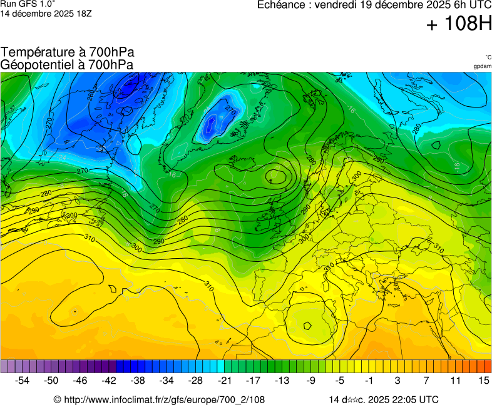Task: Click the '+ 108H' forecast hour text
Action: (x=459, y=24)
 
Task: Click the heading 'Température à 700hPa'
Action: (x=68, y=52)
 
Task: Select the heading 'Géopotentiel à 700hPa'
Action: (x=67, y=64)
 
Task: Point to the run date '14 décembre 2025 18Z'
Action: (x=46, y=13)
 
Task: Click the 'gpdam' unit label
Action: (x=482, y=66)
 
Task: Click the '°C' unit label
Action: (x=488, y=57)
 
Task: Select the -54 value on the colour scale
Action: (x=22, y=380)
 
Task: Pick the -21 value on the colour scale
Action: (x=224, y=380)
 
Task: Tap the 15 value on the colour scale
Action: (x=483, y=380)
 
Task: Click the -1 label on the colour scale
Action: (x=369, y=380)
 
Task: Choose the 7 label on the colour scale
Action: (x=426, y=380)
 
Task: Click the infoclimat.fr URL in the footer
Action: (x=164, y=399)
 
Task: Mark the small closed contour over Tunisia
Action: (x=307, y=325)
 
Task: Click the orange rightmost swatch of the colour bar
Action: (x=488, y=366)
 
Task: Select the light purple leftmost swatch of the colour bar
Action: (x=4, y=366)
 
